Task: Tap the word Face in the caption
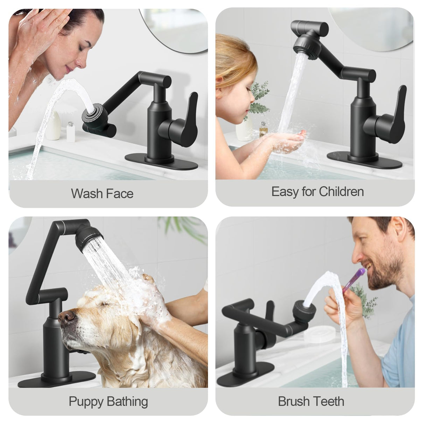point(120,194)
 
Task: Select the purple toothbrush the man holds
point(353,280)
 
